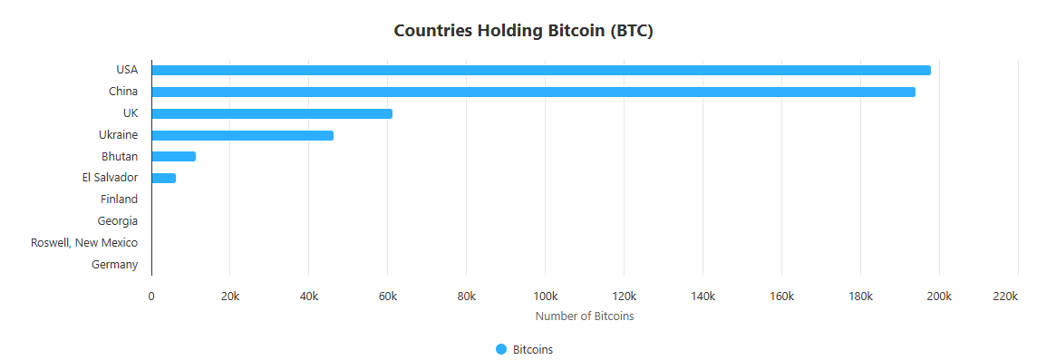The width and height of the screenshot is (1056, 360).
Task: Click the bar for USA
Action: [541, 71]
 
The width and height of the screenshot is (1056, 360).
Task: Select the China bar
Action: [533, 92]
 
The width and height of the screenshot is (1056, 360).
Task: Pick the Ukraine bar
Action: [242, 135]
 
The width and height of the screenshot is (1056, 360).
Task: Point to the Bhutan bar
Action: [173, 157]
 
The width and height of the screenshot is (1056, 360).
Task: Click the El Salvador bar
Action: [163, 178]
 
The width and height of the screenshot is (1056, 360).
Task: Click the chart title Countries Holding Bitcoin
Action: [524, 30]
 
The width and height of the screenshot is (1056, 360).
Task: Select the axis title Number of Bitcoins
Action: [585, 316]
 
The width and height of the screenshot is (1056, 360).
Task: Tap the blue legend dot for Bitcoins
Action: [501, 350]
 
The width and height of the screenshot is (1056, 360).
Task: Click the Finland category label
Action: [119, 199]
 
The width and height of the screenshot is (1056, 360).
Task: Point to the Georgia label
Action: [118, 221]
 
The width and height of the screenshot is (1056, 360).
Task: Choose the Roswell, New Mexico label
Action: [84, 243]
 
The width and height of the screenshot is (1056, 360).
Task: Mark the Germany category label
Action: [115, 265]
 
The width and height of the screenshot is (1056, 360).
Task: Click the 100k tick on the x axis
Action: [545, 297]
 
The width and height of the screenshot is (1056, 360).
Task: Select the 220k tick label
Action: [1006, 297]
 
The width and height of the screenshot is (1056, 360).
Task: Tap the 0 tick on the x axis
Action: [151, 297]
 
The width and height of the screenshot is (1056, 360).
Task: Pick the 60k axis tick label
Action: [388, 297]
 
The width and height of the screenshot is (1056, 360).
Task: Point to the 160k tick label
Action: [781, 297]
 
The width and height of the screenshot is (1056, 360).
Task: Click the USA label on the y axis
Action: [127, 70]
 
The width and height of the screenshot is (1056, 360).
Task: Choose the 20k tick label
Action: [230, 297]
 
